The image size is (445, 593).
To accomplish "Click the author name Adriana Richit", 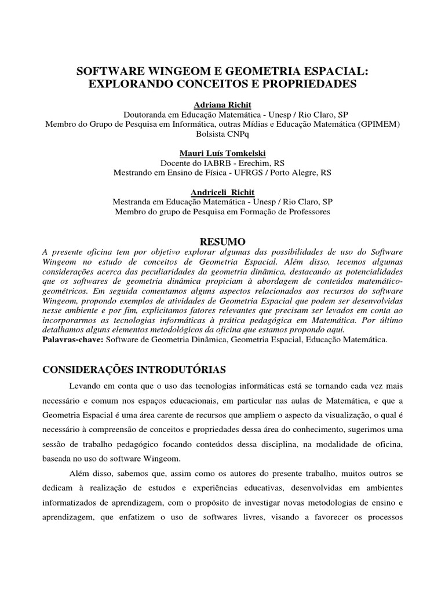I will (222, 104).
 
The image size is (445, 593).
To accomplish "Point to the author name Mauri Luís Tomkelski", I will (222, 153).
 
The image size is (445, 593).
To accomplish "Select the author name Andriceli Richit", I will (222, 192).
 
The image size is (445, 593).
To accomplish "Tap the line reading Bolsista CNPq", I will (222, 133).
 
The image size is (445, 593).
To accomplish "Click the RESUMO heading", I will (222, 241).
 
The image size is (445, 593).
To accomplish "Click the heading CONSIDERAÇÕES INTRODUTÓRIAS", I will (134, 369).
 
